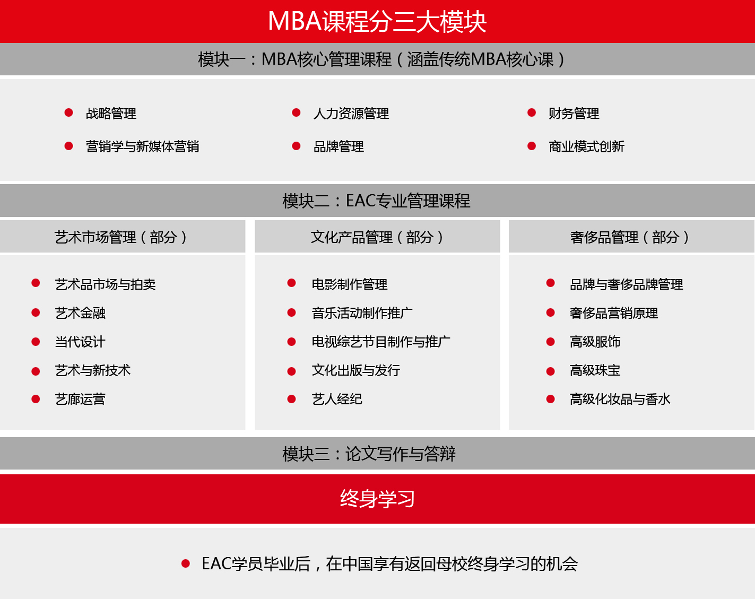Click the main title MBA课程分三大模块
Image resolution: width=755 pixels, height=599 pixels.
tap(377, 22)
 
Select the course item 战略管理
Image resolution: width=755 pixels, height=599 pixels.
tap(111, 114)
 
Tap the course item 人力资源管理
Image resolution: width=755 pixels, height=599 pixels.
tap(351, 114)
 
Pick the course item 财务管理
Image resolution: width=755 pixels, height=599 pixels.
tap(574, 114)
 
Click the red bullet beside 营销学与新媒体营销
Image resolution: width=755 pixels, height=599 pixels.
tap(69, 146)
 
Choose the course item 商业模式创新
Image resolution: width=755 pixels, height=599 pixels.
tap(587, 146)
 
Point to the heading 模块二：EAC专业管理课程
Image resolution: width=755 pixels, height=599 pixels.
tap(377, 201)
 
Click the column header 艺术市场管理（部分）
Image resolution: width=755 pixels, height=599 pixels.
tap(120, 237)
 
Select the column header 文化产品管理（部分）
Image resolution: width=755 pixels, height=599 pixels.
tap(377, 237)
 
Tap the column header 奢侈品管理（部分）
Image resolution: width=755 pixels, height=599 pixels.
tap(630, 237)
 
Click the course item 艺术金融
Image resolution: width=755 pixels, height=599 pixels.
tap(80, 312)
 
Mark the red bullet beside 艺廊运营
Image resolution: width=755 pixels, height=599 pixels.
tap(36, 399)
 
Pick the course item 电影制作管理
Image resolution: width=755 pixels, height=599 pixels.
tap(350, 284)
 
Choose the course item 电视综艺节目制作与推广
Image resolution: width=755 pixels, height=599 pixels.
tap(381, 342)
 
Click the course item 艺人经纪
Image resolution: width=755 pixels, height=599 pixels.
tap(337, 399)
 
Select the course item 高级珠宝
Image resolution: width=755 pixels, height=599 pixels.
tap(595, 370)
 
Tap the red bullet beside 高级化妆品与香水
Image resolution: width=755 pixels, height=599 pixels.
tap(550, 399)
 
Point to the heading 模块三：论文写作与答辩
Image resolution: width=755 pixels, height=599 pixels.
tap(369, 454)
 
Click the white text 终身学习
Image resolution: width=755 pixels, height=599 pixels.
tap(377, 499)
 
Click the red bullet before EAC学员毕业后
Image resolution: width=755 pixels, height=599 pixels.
tap(186, 563)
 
